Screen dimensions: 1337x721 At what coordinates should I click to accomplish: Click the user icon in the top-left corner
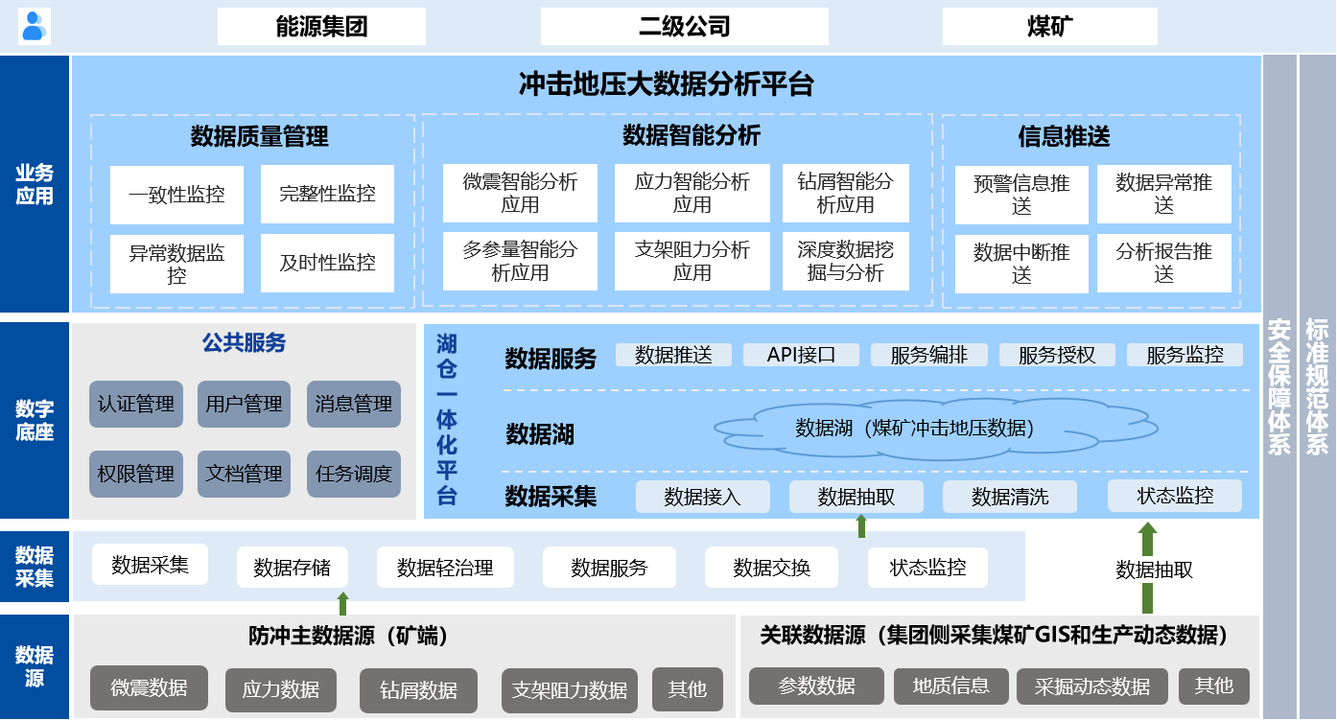coord(34,26)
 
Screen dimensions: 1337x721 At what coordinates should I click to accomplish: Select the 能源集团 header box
coord(321,26)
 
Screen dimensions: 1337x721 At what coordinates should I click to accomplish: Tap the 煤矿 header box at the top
coord(1049,26)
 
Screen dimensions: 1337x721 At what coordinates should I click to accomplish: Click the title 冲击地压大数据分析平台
coord(667,84)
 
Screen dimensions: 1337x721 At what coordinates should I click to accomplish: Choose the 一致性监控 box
coord(176,195)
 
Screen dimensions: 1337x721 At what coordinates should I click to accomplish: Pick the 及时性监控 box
coord(327,263)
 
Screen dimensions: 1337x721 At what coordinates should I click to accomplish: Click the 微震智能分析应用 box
coord(520,193)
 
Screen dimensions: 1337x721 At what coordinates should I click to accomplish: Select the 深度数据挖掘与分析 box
coord(845,261)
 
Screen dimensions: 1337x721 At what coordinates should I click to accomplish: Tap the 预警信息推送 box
coord(1021,195)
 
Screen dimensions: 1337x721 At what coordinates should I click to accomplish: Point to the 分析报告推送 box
coord(1164,263)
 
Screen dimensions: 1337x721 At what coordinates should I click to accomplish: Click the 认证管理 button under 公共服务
coord(136,404)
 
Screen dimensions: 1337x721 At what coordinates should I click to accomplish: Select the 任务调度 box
coord(353,474)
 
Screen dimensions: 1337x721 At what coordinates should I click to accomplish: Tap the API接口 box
coord(801,355)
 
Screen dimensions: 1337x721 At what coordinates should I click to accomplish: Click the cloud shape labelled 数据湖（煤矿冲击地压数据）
coord(936,428)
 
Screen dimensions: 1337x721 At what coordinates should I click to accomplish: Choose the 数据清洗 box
coord(1009,497)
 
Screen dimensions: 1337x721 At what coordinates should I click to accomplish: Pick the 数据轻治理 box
coord(445,567)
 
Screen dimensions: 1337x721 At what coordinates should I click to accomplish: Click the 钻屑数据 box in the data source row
coord(418,690)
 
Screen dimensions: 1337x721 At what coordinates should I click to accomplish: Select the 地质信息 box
coord(950,686)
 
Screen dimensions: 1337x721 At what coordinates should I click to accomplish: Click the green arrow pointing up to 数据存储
coord(342,603)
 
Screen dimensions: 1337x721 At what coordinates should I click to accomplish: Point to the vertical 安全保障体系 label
coord(1279,386)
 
